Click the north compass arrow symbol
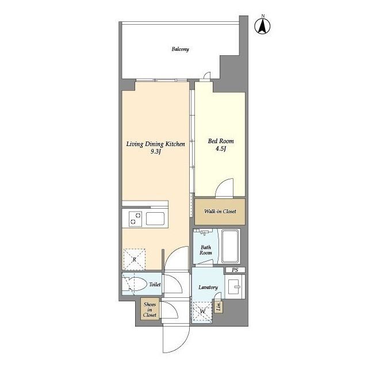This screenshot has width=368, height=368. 262,26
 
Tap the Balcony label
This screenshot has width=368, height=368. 180,49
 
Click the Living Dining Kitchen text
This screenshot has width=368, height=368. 155,144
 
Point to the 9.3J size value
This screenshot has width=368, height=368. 155,152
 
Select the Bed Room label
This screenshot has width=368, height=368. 221,141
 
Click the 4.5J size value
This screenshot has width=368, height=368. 220,149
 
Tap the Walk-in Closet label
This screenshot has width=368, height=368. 220,211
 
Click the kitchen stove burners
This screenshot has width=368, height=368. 135,218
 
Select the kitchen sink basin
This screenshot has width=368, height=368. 155,218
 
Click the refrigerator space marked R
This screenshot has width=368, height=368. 134,259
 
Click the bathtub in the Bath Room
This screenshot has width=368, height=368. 231,247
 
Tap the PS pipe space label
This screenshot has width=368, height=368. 235,270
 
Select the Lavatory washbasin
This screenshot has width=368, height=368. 235,286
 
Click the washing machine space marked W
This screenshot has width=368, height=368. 202,312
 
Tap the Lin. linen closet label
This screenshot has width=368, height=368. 218,306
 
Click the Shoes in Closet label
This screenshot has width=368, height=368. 149,310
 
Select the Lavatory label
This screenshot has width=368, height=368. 208,287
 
